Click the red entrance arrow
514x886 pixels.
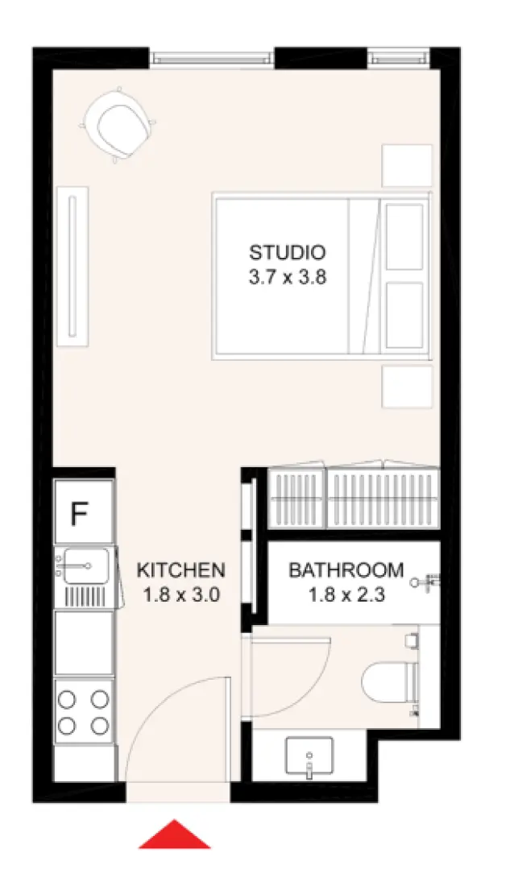[174, 835]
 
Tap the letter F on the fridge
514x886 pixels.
[79, 513]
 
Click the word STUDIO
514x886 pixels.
[288, 251]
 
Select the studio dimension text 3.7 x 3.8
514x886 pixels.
[288, 278]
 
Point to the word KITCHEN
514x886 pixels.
[180, 570]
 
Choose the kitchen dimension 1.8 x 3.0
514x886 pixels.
[180, 596]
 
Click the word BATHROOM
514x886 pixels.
[346, 570]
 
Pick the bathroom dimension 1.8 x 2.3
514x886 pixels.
[346, 596]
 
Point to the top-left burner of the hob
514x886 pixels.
[68, 698]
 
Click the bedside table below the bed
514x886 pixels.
[406, 387]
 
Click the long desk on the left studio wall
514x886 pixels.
[73, 266]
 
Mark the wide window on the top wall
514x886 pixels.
[213, 57]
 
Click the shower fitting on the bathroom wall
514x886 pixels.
[428, 581]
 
